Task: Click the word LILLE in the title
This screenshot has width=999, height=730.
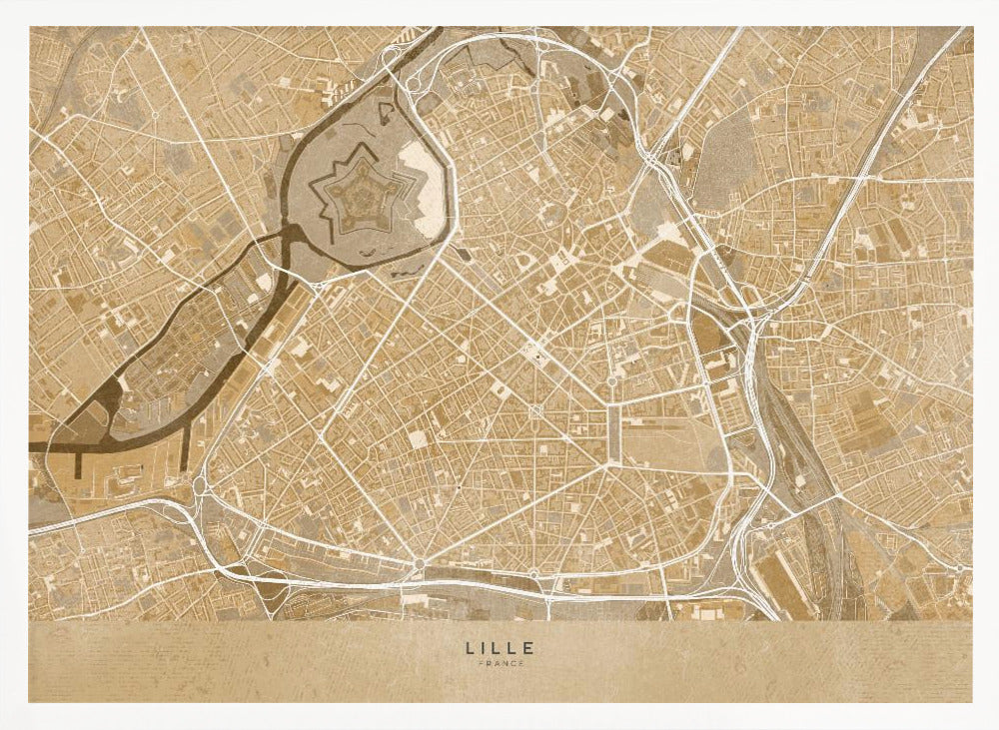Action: point(499,648)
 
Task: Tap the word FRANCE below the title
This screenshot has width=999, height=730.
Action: point(499,664)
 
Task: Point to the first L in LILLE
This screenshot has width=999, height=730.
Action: point(469,648)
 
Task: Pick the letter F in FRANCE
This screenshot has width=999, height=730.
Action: point(481,664)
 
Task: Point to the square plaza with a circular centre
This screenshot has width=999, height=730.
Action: point(536,411)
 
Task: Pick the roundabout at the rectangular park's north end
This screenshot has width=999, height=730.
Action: point(611,381)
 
